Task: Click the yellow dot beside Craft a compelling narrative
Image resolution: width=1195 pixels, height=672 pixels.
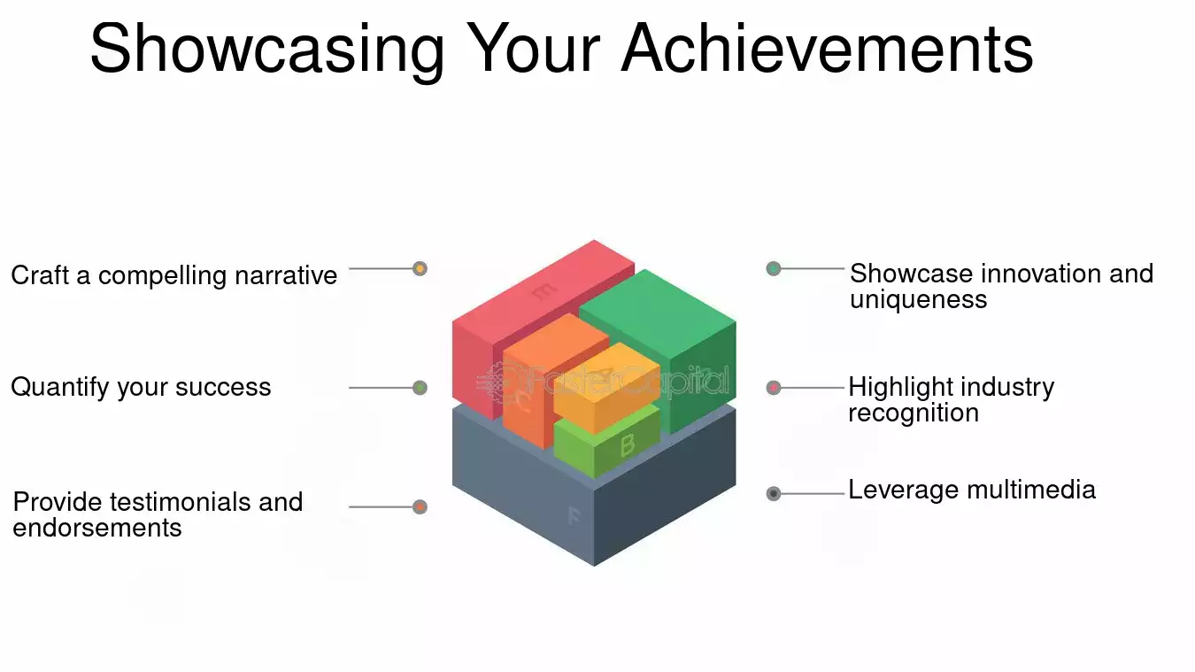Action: [x=420, y=268]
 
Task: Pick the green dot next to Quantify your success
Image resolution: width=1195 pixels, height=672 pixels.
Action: [x=420, y=388]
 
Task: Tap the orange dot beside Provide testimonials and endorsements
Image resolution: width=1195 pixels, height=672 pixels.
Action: [x=420, y=507]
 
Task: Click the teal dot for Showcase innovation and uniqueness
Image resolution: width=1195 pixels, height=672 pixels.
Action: [x=774, y=268]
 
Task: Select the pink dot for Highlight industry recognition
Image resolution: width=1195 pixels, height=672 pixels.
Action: [x=774, y=388]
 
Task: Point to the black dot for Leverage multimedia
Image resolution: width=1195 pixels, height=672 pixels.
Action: [x=774, y=494]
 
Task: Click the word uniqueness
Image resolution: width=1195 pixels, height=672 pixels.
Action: [x=918, y=299]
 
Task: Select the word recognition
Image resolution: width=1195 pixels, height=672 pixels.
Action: [x=913, y=413]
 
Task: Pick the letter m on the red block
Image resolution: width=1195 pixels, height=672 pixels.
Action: [x=544, y=290]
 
